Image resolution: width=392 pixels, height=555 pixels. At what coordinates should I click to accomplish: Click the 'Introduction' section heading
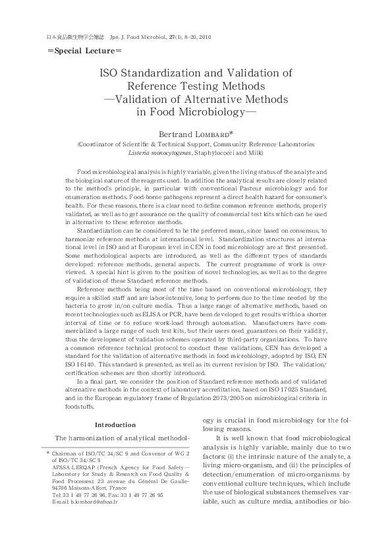click(x=115, y=424)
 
